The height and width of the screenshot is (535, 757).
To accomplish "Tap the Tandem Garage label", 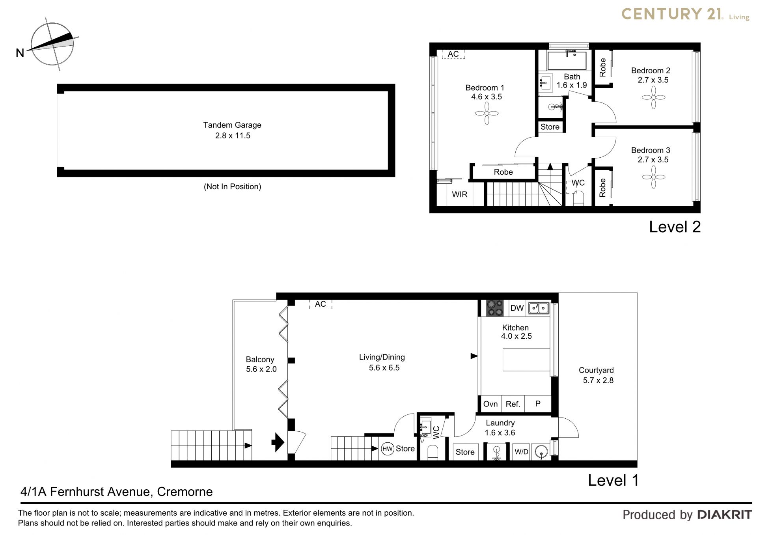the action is (232, 125).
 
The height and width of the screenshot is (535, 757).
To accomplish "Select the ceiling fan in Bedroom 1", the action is (487, 114).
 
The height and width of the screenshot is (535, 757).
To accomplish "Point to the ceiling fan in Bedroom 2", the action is (653, 97).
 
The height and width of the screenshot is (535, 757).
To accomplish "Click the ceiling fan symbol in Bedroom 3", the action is (653, 177).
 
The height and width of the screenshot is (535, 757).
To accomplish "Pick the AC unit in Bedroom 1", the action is (453, 54).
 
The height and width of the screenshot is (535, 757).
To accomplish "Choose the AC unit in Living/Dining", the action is (321, 304).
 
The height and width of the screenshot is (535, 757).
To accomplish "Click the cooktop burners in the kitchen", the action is (495, 308).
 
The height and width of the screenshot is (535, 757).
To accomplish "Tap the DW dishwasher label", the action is (517, 308).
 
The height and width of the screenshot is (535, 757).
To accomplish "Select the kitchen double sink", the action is (539, 308).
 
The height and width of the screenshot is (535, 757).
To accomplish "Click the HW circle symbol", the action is (388, 449).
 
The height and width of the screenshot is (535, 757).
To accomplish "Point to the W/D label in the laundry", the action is (521, 452).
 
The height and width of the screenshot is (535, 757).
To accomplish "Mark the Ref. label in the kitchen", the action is (513, 404).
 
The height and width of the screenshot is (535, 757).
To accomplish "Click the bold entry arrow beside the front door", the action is (278, 442).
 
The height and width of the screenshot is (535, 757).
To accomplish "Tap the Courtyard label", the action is (596, 370).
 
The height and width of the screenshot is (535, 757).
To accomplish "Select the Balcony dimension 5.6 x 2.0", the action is (261, 369).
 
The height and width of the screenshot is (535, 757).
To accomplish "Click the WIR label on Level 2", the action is (460, 194).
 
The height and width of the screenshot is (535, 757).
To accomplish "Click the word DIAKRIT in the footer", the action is (725, 514).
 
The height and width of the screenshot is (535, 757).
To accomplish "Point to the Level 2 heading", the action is (675, 227).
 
